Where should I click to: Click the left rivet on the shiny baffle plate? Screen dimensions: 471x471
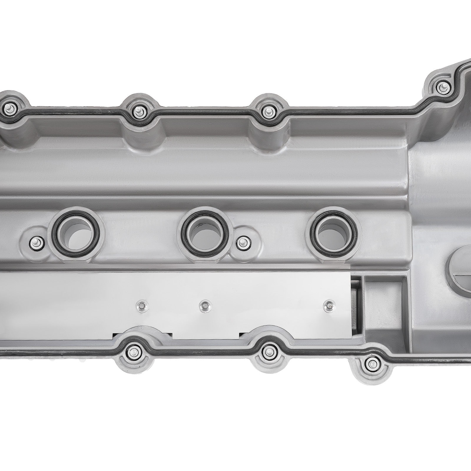[x=141, y=306]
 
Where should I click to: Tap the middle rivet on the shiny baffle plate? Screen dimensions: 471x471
[x=205, y=306]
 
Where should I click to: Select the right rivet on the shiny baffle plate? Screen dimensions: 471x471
[x=328, y=306]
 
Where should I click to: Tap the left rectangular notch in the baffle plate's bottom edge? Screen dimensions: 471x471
[x=143, y=334]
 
